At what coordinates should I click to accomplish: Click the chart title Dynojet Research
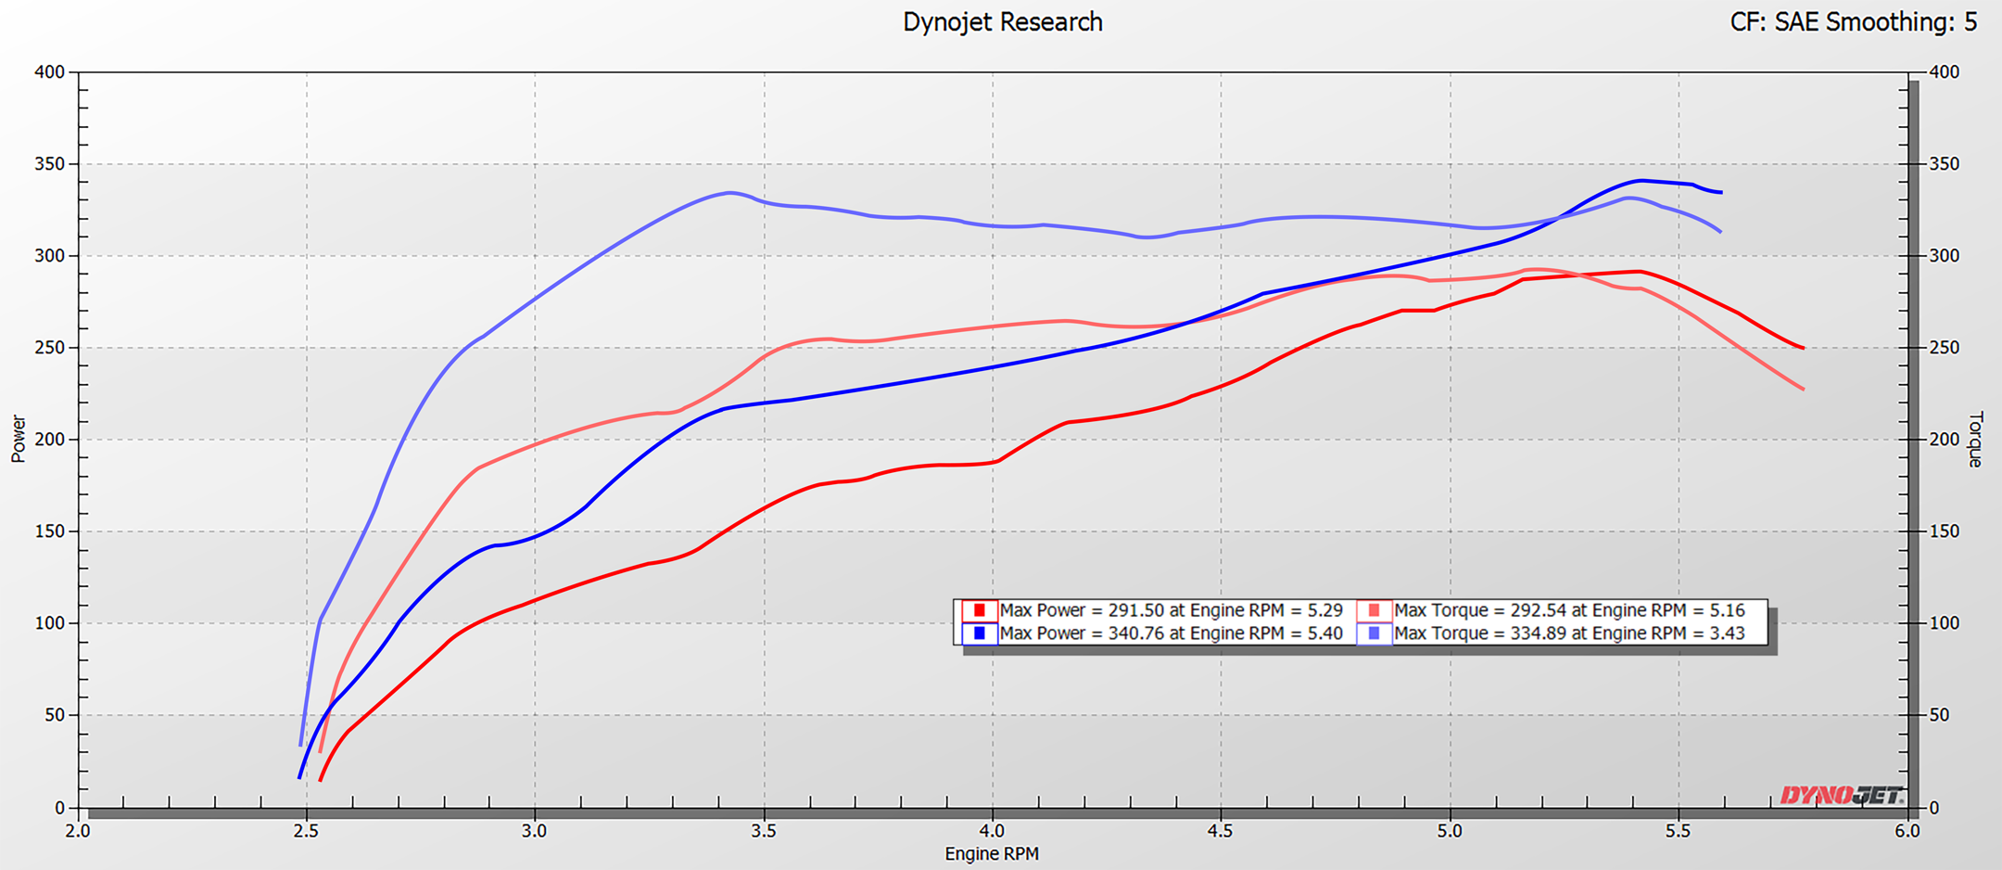[x=1002, y=22]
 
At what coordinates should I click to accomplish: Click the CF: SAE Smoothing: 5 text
[x=1853, y=22]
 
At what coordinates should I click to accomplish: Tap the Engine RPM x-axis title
[x=991, y=853]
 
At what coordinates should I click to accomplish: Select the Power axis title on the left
[x=19, y=439]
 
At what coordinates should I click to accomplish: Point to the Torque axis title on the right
[x=1974, y=439]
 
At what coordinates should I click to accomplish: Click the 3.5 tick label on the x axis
[x=764, y=831]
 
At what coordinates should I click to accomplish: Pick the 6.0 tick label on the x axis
[x=1907, y=831]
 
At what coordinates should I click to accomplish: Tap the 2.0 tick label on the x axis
[x=78, y=831]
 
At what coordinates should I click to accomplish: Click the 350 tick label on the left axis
[x=49, y=164]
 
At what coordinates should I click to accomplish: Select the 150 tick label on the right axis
[x=1945, y=531]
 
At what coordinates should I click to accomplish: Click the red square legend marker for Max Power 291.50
[x=979, y=610]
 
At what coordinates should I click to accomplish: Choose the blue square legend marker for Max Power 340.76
[x=979, y=633]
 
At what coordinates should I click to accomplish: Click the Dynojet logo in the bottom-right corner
[x=1840, y=795]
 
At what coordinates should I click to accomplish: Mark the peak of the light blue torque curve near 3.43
[x=730, y=193]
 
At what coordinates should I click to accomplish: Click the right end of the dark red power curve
[x=1803, y=348]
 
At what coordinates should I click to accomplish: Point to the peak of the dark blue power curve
[x=1641, y=180]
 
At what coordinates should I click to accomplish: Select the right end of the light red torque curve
[x=1803, y=389]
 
